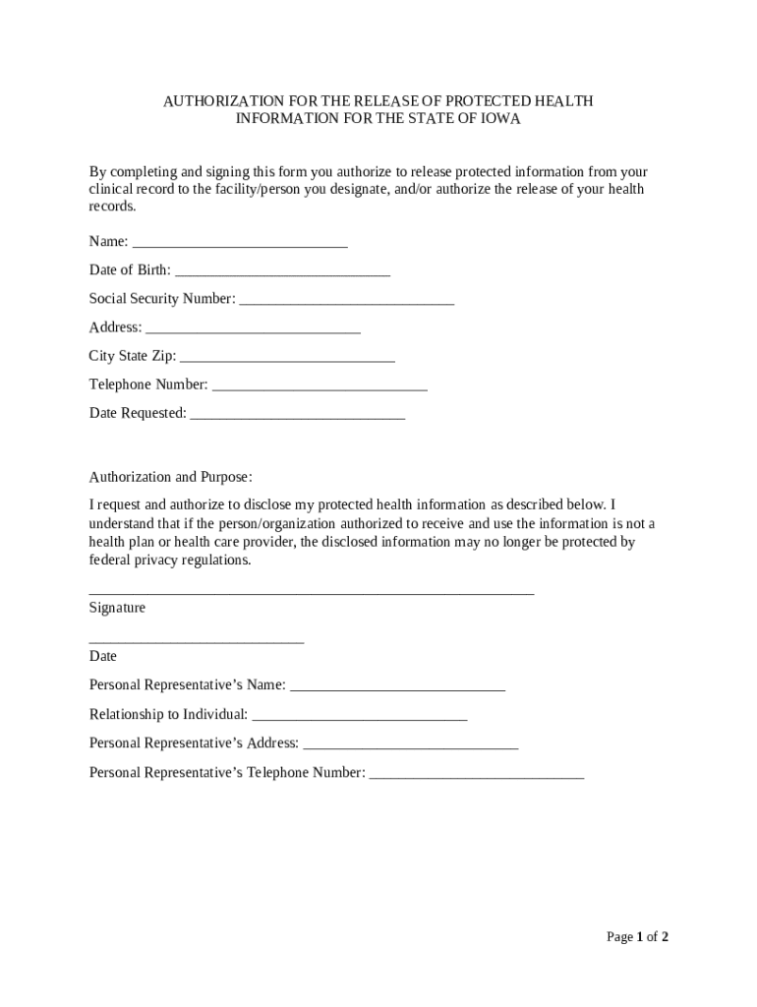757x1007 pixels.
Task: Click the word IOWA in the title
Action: tap(497, 119)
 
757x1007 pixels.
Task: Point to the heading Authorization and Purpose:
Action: tap(171, 477)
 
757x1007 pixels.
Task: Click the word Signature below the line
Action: tap(117, 608)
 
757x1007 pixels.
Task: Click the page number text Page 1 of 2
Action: tap(637, 937)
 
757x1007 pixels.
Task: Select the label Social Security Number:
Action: tap(162, 298)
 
